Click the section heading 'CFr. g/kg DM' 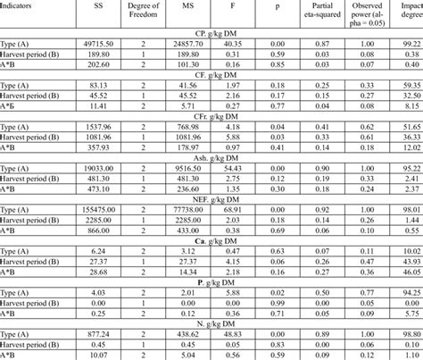(x=212, y=116)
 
